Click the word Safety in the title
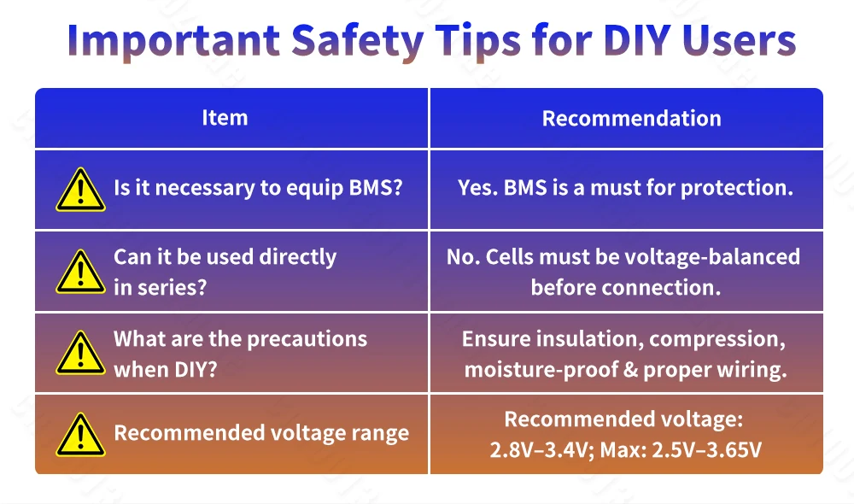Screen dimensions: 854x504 click(357, 41)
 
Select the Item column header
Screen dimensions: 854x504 click(225, 118)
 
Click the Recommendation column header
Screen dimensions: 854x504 click(631, 118)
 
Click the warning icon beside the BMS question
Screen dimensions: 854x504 click(80, 190)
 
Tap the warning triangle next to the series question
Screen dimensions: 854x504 click(80, 272)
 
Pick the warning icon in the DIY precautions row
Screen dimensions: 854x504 click(80, 353)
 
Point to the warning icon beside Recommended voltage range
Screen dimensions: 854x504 click(80, 435)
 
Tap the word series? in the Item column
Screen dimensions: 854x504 click(172, 287)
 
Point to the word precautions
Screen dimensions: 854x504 click(307, 339)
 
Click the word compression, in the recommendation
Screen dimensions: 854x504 click(717, 339)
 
